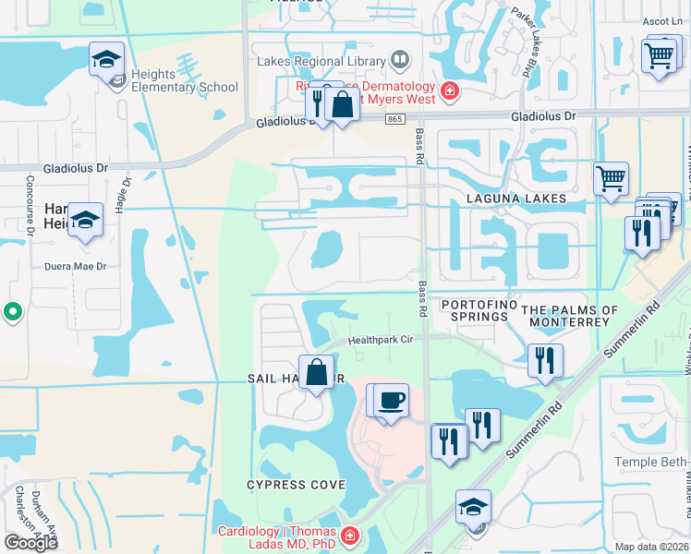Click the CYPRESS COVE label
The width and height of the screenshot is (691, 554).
pos(296,485)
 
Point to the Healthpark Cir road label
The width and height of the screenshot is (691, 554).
pos(381,340)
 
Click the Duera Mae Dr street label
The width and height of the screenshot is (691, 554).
pos(77,266)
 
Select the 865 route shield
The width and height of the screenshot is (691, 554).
pos(394,118)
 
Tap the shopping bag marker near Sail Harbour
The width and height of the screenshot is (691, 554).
pos(316,374)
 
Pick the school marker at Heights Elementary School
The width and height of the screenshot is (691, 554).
pos(106,60)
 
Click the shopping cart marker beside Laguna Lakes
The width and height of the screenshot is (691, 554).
pos(611,179)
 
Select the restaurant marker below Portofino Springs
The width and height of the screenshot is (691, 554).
pos(545,360)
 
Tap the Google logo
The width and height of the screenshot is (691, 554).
pos(30,543)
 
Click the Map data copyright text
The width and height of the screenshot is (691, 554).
pos(652,547)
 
